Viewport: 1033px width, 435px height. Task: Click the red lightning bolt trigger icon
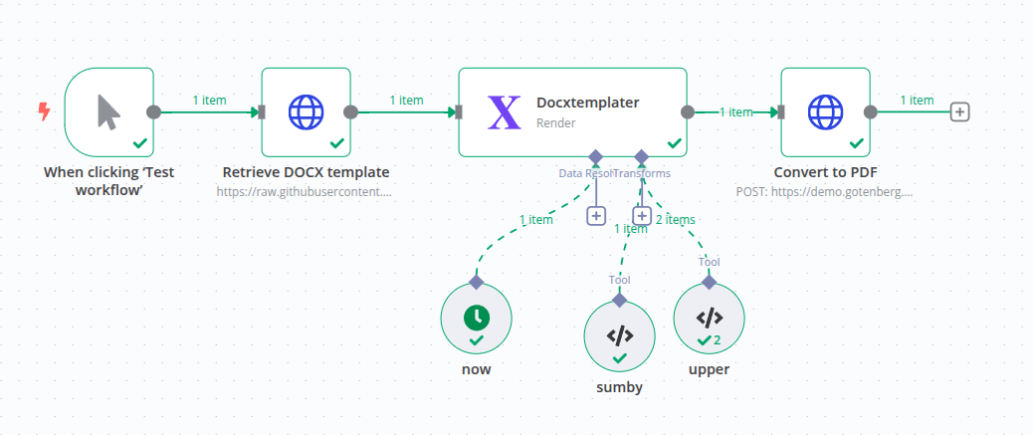[43, 111]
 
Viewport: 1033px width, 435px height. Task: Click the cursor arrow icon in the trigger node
[108, 111]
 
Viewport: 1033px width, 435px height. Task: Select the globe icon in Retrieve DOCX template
[307, 111]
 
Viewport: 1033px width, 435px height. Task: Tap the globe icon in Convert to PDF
[825, 111]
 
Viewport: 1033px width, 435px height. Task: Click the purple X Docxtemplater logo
[505, 112]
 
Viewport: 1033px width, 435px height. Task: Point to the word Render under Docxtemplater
[555, 123]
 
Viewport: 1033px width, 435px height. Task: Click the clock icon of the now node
[477, 317]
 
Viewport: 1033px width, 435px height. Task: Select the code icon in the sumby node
[619, 334]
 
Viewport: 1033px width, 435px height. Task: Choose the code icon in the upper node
[709, 318]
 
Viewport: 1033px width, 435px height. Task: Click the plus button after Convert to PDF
[959, 112]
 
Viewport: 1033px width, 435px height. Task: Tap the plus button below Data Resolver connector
[595, 215]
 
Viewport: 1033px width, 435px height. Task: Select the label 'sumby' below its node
[619, 387]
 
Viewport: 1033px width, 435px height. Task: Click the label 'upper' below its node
[709, 369]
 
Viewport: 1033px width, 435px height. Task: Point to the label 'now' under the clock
[477, 369]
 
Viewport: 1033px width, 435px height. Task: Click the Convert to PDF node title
[825, 171]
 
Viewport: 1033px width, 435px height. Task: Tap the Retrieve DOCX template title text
[306, 171]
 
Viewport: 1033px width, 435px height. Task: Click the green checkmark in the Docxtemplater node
[674, 143]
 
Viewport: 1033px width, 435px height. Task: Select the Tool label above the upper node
[709, 262]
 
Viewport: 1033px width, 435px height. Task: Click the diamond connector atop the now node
[477, 282]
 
